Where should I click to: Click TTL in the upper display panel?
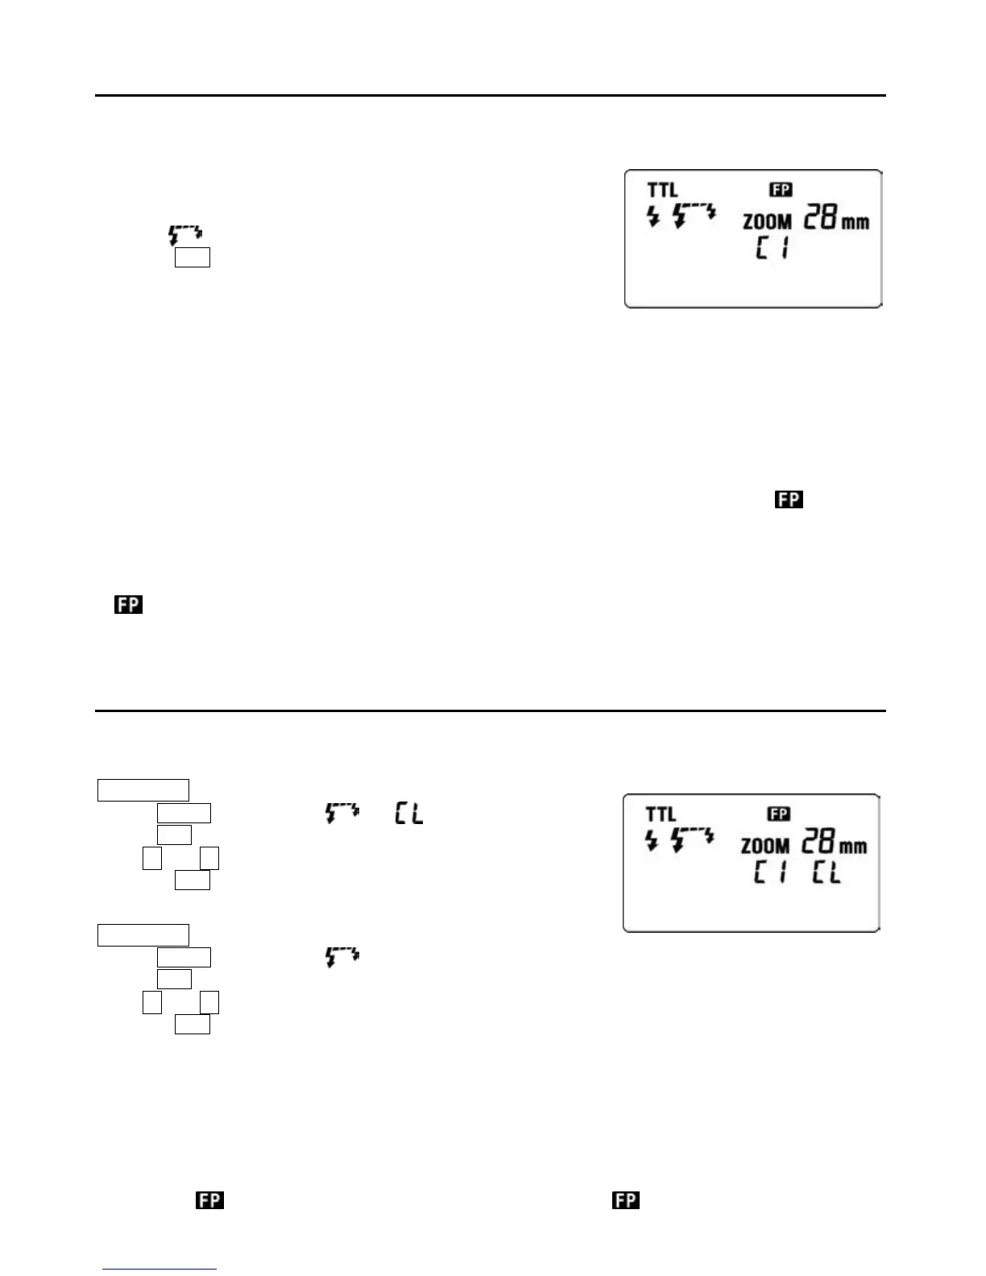coord(662,190)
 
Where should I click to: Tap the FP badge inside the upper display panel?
coord(780,189)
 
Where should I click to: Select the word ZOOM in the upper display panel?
coord(767,221)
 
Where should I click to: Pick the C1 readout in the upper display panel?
coord(771,248)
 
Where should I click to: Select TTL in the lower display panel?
coord(661,814)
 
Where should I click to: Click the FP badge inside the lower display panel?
coord(778,814)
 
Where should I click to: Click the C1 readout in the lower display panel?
coord(769,872)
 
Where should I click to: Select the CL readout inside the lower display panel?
coord(826,872)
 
